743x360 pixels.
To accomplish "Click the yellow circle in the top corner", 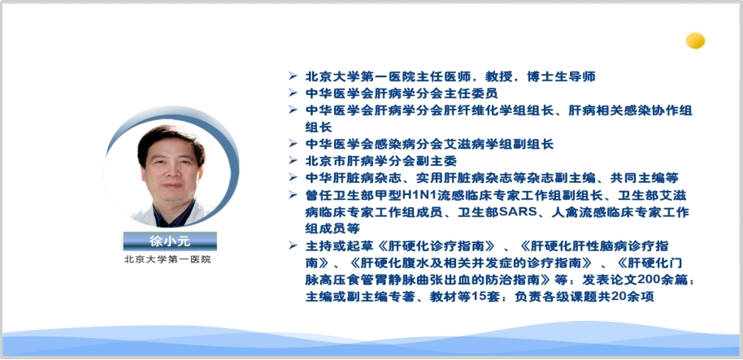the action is [695, 41].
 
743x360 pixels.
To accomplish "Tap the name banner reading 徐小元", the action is [170, 241].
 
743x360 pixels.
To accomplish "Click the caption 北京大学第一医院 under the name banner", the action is [167, 259].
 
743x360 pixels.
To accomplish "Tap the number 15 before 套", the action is [481, 297].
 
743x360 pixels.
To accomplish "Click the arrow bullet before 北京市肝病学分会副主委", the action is [293, 160].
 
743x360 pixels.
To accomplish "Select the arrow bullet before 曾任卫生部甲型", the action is [293, 195].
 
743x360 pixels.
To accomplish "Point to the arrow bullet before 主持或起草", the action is [293, 245].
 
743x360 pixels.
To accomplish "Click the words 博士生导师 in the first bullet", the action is [561, 76].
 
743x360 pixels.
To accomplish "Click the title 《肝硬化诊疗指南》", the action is [436, 246].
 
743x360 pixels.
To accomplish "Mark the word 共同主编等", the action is [650, 178].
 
